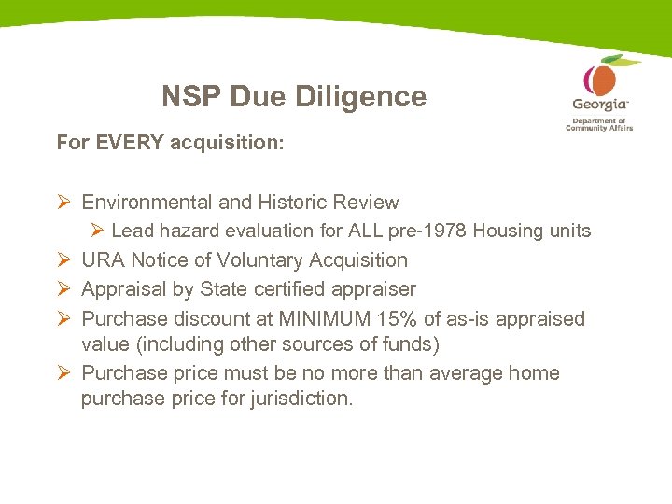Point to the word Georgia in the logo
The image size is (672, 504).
coord(599,105)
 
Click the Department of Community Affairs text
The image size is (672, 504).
coord(599,124)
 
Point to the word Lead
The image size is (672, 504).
coord(133,231)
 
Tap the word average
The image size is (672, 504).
coord(457,373)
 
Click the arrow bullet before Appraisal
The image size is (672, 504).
coord(63,289)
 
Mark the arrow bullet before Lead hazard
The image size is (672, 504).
coord(96,231)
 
